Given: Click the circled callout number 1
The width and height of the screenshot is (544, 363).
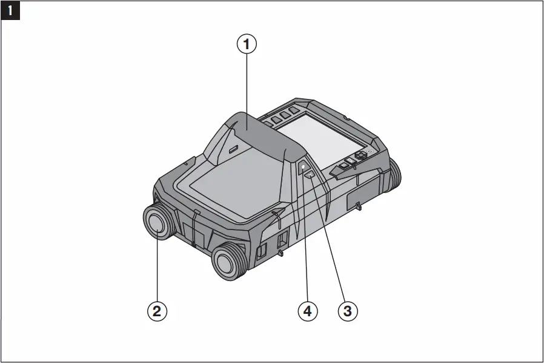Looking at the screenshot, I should pyautogui.click(x=246, y=44).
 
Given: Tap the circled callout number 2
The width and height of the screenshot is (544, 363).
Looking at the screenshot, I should pyautogui.click(x=157, y=311).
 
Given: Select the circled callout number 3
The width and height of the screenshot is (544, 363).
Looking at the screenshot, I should pyautogui.click(x=347, y=311).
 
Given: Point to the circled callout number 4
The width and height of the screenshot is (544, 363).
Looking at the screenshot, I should pyautogui.click(x=307, y=311).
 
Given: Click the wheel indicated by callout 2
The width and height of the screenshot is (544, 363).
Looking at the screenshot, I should pyautogui.click(x=158, y=223).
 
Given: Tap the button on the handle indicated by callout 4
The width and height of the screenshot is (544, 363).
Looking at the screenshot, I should pyautogui.click(x=303, y=166).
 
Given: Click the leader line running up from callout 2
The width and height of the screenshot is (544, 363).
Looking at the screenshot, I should pyautogui.click(x=157, y=267).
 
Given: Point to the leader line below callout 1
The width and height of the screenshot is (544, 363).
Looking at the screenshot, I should pyautogui.click(x=247, y=85).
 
